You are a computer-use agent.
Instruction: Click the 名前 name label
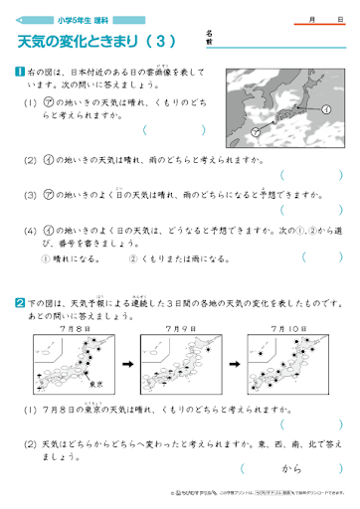pyautogui.click(x=209, y=38)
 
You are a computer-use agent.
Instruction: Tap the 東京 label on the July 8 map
pyautogui.click(x=99, y=379)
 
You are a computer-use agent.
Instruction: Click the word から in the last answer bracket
pyautogui.click(x=290, y=467)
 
